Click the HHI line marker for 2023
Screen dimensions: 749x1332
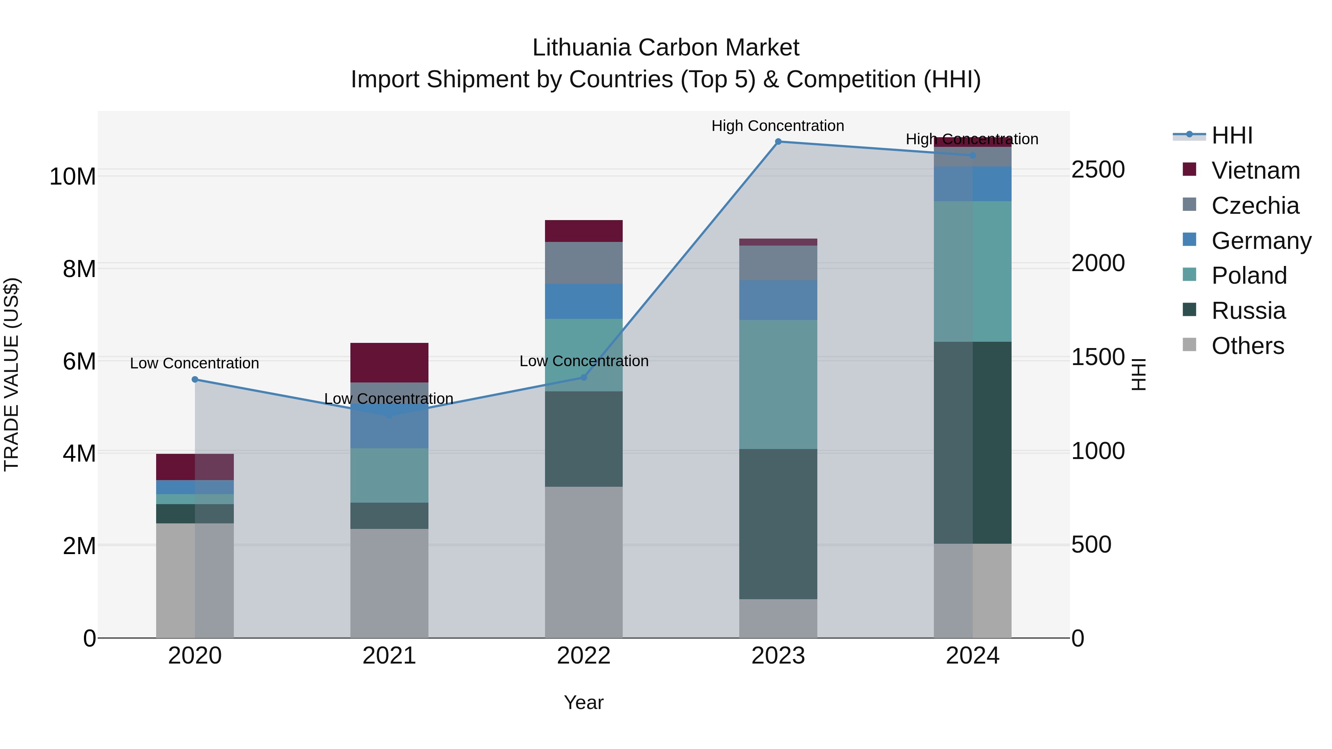tap(778, 142)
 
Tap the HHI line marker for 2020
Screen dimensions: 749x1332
tap(195, 379)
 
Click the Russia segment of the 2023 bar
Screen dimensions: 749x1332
tap(778, 524)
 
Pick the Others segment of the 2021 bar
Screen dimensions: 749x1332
tap(389, 583)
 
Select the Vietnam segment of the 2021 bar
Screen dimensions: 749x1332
tap(389, 362)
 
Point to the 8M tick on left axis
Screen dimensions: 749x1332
tap(79, 269)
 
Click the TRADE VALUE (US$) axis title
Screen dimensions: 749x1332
tap(11, 374)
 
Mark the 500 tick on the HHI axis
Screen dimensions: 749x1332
tap(1091, 545)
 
